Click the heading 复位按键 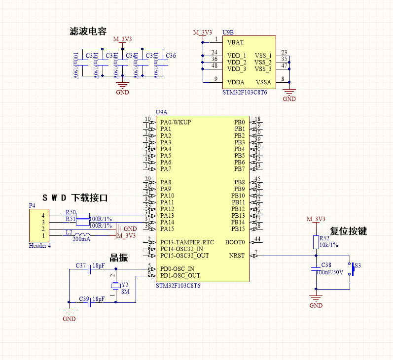(x=348, y=231)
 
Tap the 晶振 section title (x=119, y=258)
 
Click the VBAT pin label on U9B (x=235, y=42)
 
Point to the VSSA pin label (x=263, y=82)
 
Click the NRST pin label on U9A (x=237, y=256)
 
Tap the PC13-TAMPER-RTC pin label (x=187, y=242)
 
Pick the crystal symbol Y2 (x=115, y=286)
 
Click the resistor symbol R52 (x=316, y=242)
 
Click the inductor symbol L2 (x=81, y=235)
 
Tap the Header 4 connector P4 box (x=39, y=225)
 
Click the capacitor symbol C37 (x=88, y=269)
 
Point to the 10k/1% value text (x=329, y=245)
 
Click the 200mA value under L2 (x=81, y=239)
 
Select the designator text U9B (x=228, y=32)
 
